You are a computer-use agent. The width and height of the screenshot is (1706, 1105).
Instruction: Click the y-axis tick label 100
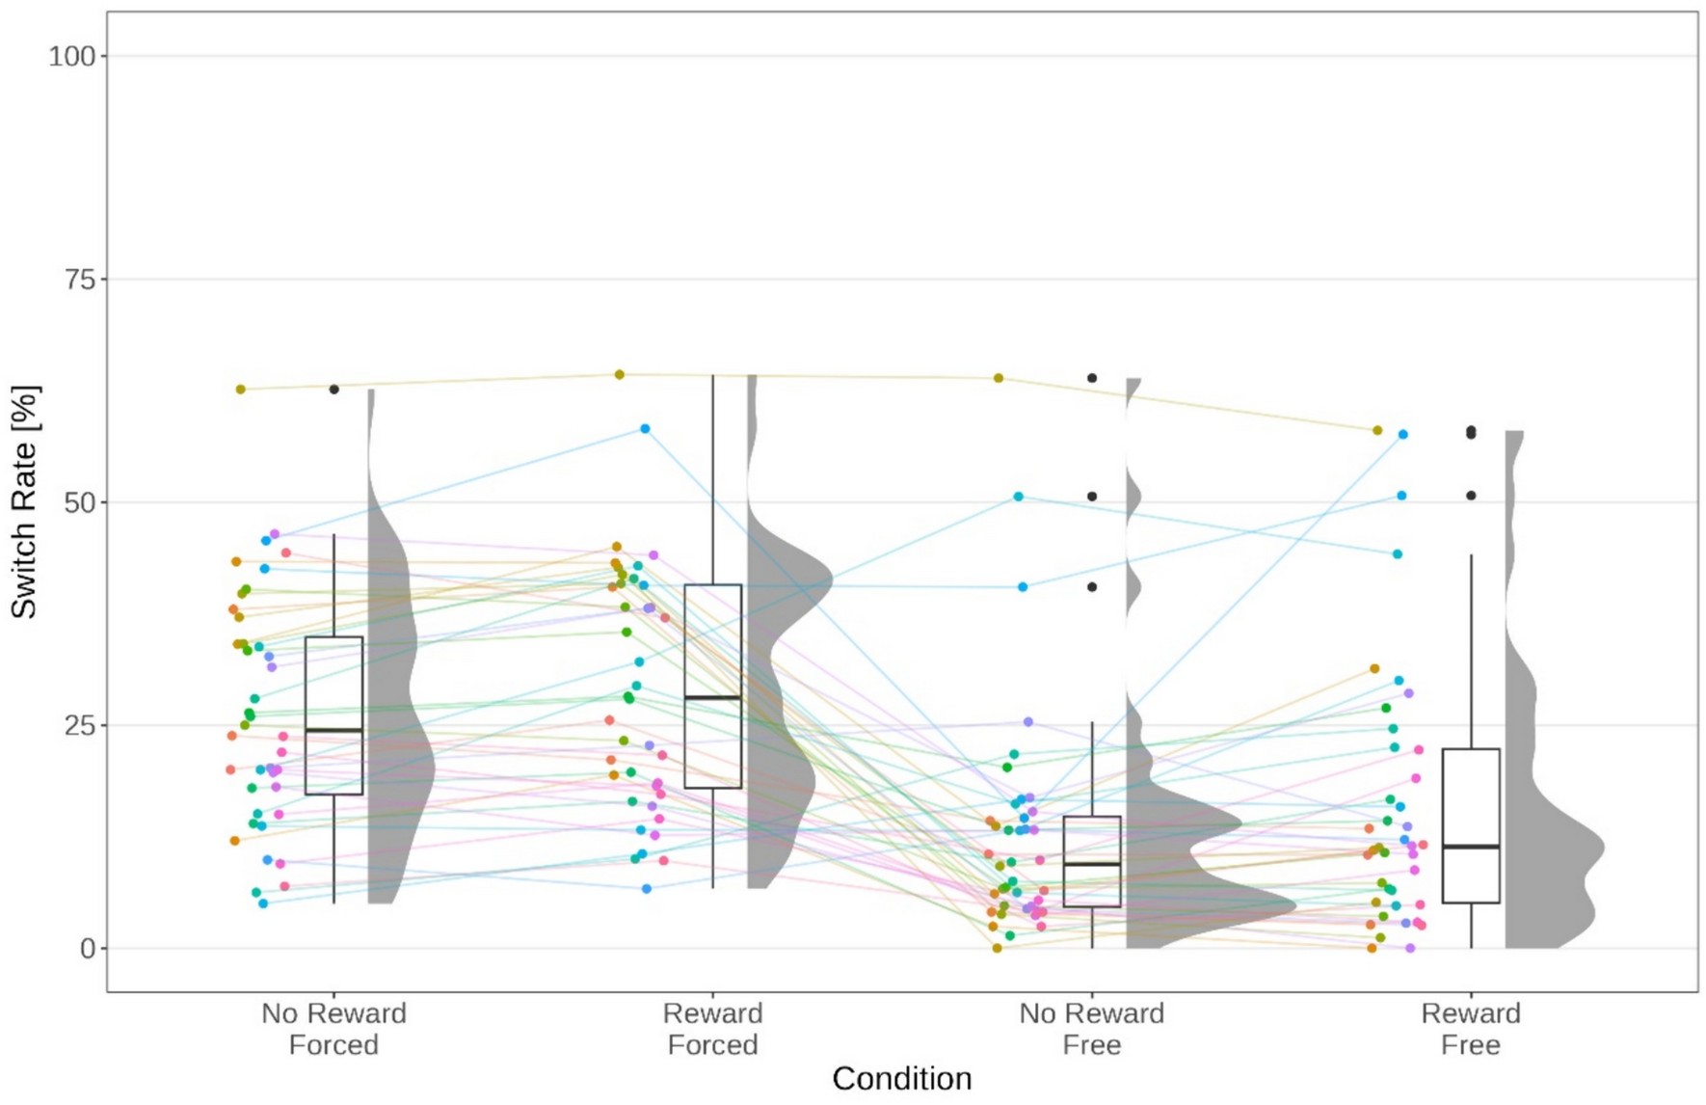(72, 56)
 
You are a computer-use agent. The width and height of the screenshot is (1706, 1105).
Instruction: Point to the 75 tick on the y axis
(80, 280)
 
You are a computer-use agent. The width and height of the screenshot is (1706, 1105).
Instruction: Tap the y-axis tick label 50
(80, 502)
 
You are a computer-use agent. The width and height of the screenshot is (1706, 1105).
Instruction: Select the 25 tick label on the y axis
(80, 725)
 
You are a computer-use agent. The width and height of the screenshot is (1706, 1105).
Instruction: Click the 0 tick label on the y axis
(88, 949)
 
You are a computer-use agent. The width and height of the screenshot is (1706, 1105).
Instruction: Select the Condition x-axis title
(901, 1078)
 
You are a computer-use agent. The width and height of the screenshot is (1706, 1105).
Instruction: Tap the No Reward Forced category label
(333, 1029)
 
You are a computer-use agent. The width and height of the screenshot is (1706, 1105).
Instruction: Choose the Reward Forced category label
(712, 1029)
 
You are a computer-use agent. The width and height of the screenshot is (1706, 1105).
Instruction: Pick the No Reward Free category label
(1091, 1029)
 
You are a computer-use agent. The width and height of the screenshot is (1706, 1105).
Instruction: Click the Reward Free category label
(1470, 1029)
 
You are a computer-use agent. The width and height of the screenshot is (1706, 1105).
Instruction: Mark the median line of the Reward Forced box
(712, 697)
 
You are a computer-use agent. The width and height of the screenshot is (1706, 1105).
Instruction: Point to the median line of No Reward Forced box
(333, 731)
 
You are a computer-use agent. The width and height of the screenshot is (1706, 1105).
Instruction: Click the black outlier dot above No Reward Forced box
(334, 390)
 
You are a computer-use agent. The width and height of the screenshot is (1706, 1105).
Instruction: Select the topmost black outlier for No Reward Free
(1092, 378)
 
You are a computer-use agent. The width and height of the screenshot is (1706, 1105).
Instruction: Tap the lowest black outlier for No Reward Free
(1092, 587)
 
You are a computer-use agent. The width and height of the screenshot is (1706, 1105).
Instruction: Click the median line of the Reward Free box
(1471, 847)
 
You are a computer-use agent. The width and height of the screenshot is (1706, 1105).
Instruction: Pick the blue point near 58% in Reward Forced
(646, 429)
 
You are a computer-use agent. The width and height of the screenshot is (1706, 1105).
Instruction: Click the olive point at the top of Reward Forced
(620, 374)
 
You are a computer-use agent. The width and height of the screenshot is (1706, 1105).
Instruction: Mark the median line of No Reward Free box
(1092, 864)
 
